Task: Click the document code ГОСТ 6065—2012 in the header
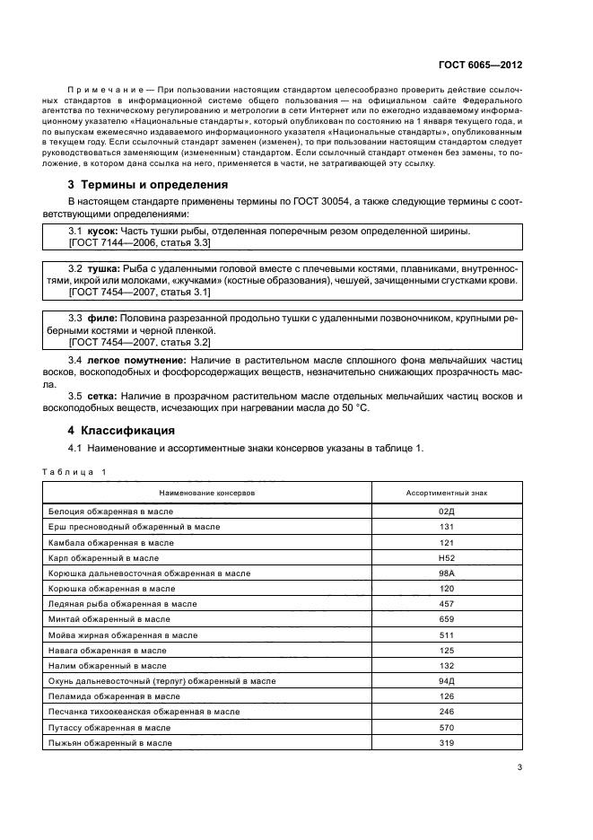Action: pyautogui.click(x=481, y=65)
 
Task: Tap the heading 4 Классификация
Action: pyautogui.click(x=126, y=430)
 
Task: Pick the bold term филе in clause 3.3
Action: pyautogui.click(x=100, y=318)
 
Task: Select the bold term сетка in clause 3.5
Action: pyautogui.click(x=101, y=396)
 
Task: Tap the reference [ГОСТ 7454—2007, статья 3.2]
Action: pyautogui.click(x=139, y=343)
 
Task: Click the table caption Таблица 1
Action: pyautogui.click(x=74, y=471)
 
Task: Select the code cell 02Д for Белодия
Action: pyautogui.click(x=447, y=511)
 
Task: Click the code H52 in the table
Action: pyautogui.click(x=447, y=557)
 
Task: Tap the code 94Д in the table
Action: pyautogui.click(x=447, y=681)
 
